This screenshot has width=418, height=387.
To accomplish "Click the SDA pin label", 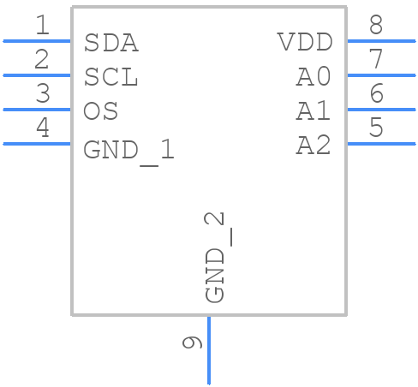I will (110, 43).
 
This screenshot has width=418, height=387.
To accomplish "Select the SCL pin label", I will (110, 77).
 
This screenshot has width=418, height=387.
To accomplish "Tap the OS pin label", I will (101, 111).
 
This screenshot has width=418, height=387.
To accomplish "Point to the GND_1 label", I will (128, 151).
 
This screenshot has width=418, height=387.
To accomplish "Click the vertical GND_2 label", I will (216, 257).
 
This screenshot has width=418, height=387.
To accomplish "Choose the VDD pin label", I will (304, 42).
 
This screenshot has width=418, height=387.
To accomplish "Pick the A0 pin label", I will (313, 77).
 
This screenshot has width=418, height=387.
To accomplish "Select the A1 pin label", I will (313, 111).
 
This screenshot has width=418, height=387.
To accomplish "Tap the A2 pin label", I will (313, 146).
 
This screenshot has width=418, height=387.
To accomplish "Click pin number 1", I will (42, 26).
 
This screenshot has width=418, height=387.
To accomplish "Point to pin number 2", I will (42, 60).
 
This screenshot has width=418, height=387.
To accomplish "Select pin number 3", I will (42, 94).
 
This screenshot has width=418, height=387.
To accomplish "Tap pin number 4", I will (42, 128).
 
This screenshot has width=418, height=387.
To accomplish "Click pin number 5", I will (375, 128).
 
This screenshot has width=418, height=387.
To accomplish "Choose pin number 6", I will (375, 94).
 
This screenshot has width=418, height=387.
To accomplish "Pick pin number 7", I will (375, 60).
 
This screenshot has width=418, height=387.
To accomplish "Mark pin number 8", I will (375, 26).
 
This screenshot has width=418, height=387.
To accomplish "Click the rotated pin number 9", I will (193, 342).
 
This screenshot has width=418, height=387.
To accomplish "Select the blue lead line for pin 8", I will (380, 40).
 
